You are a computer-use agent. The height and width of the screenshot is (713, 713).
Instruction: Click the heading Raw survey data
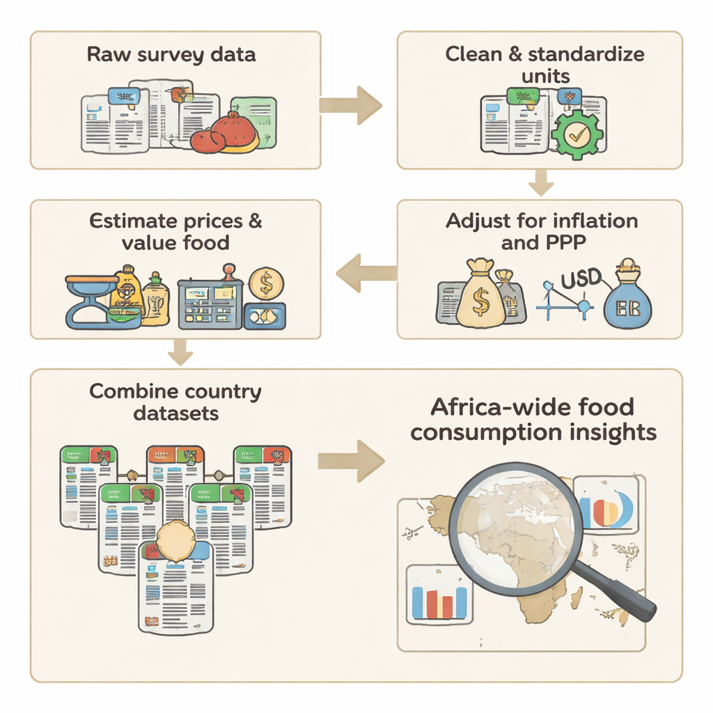pos(171,56)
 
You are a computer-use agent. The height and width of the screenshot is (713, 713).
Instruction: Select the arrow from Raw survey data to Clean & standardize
pos(351,105)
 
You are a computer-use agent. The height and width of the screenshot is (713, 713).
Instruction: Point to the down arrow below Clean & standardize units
pos(540,184)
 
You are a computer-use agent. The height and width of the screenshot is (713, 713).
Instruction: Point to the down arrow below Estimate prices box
pos(180,352)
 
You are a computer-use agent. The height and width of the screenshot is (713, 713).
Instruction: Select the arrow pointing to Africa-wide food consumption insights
pos(351,461)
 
